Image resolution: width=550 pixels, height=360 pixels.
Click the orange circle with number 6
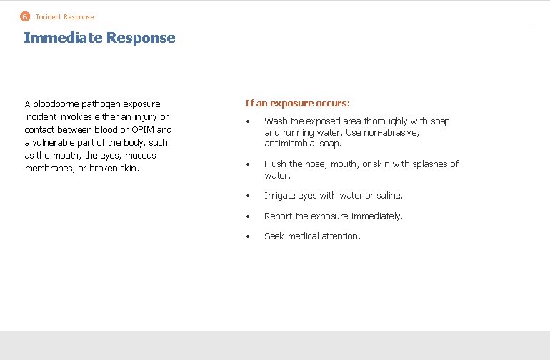25,16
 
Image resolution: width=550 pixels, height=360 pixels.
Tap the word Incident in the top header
49,16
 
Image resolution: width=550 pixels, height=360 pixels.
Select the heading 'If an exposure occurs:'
297,104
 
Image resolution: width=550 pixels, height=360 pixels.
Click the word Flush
275,164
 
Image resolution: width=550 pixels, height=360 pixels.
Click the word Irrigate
280,196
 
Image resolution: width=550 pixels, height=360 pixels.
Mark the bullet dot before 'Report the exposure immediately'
247,216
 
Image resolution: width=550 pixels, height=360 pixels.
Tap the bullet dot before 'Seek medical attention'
247,236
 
